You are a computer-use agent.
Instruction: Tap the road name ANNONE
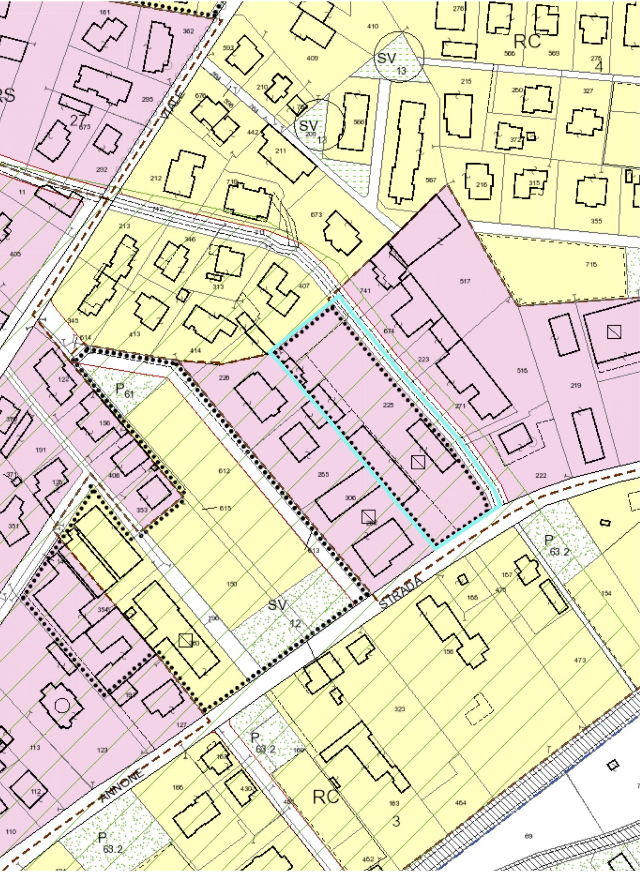[122, 786]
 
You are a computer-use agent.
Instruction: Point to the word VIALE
[173, 105]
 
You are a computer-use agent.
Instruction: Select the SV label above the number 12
[277, 604]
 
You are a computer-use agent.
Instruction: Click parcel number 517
[465, 281]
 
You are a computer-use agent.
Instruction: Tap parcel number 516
[522, 370]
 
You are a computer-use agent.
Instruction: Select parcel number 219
[576, 385]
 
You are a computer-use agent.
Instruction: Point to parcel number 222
[541, 475]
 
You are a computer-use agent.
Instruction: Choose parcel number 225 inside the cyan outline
[388, 405]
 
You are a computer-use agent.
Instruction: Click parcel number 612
[224, 471]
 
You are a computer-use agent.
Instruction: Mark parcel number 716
[591, 265]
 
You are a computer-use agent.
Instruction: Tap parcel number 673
[316, 214]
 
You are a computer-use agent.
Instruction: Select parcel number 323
[399, 709]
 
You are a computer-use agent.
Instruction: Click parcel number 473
[580, 660]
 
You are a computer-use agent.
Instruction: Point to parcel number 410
[373, 27]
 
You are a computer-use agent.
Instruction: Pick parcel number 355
[596, 221]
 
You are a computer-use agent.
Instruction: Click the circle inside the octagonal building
[62, 706]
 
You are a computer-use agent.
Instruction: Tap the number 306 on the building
[350, 498]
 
